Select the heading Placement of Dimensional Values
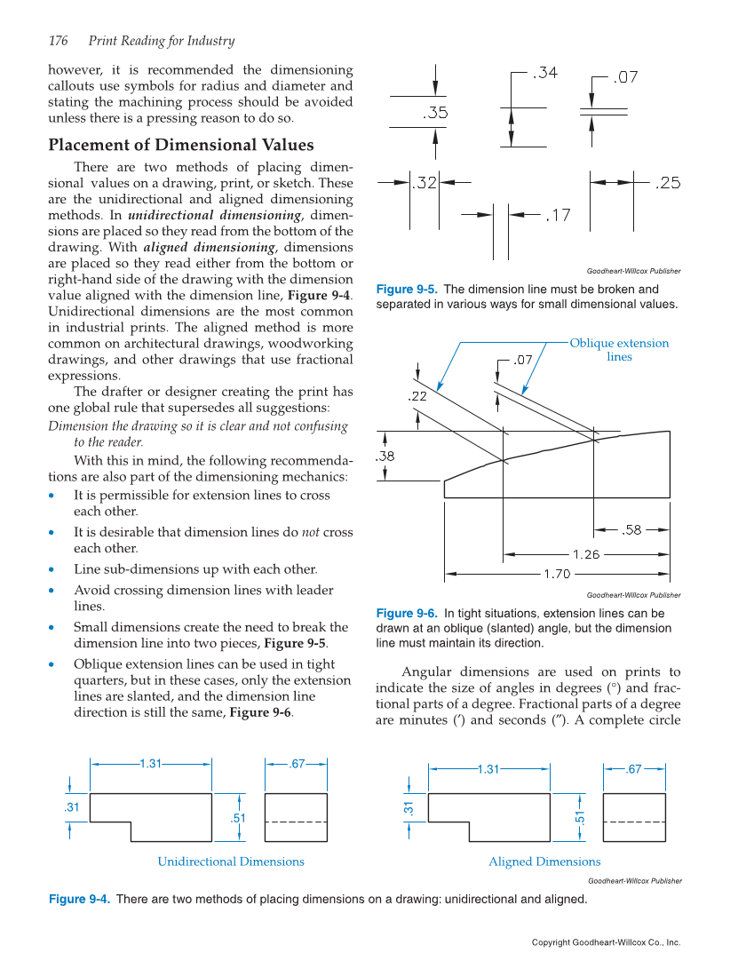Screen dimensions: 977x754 (x=180, y=145)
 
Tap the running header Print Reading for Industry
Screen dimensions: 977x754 (x=162, y=41)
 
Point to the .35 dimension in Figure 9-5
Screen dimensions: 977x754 (x=434, y=113)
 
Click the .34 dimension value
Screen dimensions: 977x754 (x=544, y=74)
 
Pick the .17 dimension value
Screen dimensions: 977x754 (x=557, y=215)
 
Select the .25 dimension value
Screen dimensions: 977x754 (x=667, y=183)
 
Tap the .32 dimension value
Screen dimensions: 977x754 (x=425, y=183)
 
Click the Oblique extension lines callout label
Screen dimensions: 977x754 (x=619, y=350)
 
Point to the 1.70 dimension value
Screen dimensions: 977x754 (x=556, y=574)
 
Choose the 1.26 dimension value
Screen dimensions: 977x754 (x=586, y=554)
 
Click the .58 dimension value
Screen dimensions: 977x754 (x=631, y=530)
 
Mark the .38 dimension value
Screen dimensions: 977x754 (x=385, y=456)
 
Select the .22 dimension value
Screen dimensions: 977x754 (x=417, y=397)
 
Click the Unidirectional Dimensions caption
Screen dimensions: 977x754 (x=231, y=862)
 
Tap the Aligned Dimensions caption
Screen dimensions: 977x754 (x=544, y=862)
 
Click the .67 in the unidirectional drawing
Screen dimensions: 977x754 (x=297, y=763)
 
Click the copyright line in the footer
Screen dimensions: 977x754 (x=606, y=942)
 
